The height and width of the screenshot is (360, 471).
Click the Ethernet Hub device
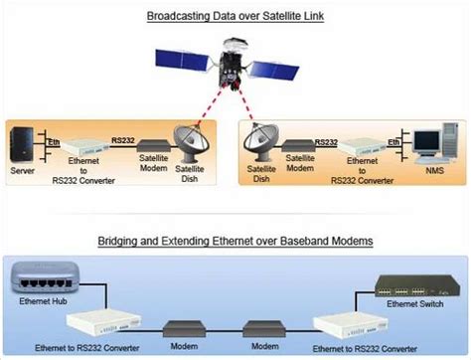tap(45, 271)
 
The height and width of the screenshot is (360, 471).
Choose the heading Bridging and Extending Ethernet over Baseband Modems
tap(235, 242)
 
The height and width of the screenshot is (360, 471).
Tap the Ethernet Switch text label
tap(412, 305)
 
